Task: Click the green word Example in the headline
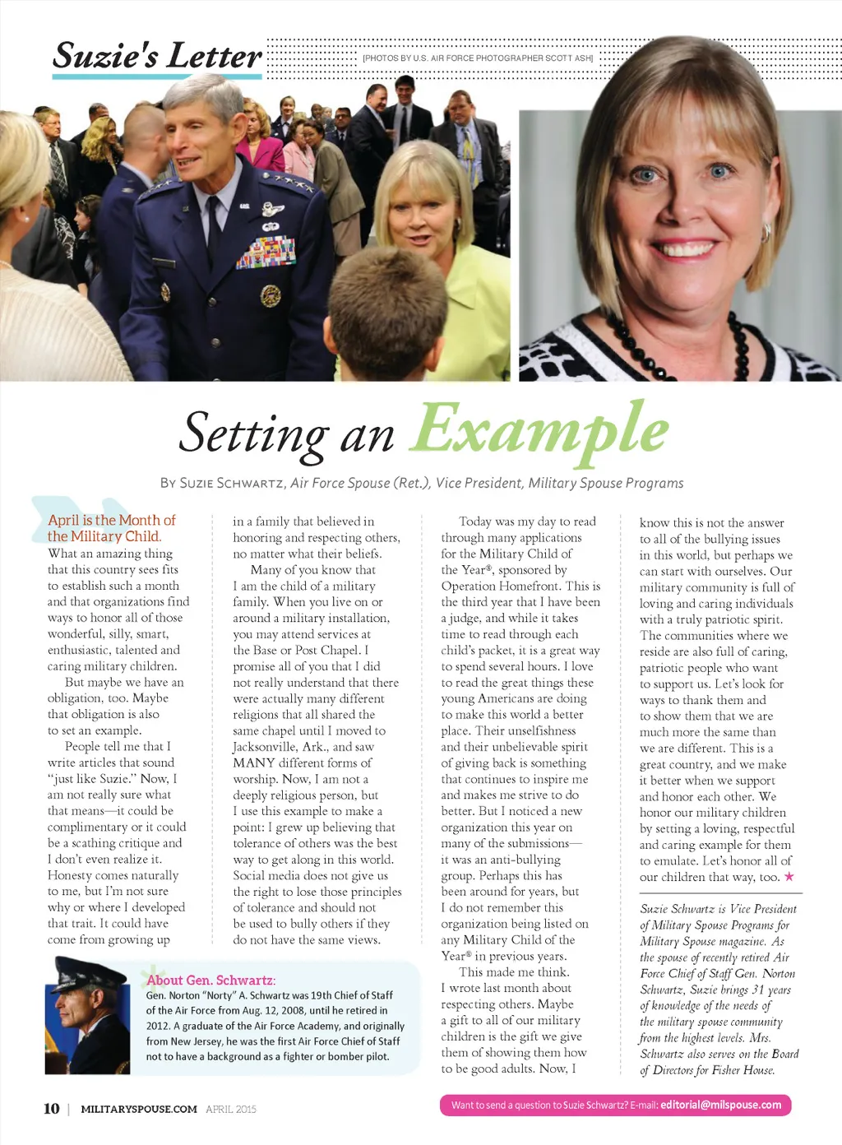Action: (x=539, y=429)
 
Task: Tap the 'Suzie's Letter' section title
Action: (x=157, y=56)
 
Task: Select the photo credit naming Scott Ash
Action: (x=478, y=58)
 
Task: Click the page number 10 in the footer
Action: (x=51, y=1109)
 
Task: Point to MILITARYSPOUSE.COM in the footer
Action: (x=139, y=1110)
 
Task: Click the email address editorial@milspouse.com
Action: (x=720, y=1105)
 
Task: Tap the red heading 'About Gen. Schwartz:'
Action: (x=211, y=980)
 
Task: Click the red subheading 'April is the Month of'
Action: (x=112, y=520)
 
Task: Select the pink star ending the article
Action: (x=789, y=877)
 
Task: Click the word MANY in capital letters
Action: (x=253, y=763)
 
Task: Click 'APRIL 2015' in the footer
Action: (x=231, y=1110)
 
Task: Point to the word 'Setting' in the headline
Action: (x=253, y=433)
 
